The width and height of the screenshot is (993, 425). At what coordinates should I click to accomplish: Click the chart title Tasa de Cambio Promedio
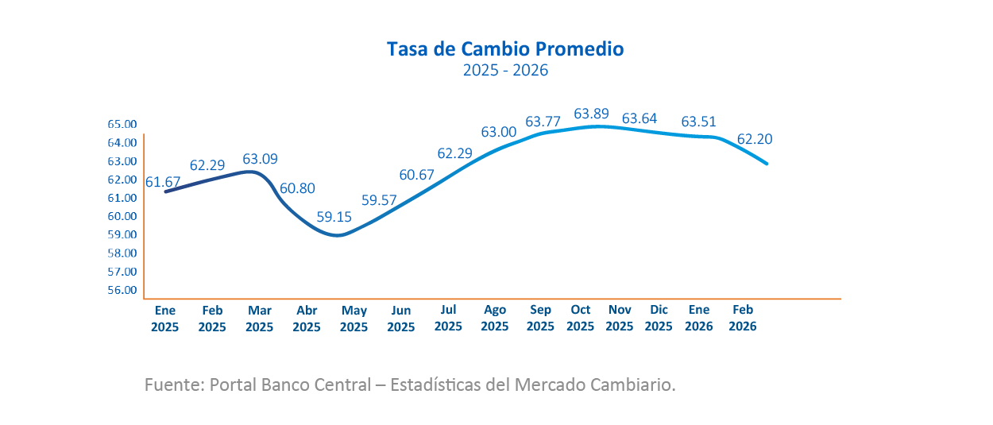point(505,49)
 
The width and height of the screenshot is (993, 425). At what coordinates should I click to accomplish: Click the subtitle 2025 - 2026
point(505,71)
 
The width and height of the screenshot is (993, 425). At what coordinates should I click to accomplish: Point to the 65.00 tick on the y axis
point(122,125)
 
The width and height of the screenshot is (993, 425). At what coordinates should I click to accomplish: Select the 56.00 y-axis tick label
point(122,290)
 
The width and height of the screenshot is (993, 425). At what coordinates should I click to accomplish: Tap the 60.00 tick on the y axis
point(122,216)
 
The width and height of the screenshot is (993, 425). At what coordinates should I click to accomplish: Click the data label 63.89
point(591,114)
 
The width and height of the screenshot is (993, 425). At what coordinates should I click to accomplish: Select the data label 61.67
point(163,182)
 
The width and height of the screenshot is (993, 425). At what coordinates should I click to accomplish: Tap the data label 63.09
point(260,160)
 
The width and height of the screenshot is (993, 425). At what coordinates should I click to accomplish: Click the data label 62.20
point(755,139)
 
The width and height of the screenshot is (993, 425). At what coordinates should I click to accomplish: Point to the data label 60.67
point(416,175)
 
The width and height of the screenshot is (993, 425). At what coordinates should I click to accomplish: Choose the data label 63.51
point(699,122)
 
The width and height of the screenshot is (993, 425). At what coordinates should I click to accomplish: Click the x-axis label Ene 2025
point(165,318)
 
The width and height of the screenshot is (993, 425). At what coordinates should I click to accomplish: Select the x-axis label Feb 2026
point(743,318)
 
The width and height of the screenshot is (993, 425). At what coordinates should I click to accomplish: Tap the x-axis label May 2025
point(354,318)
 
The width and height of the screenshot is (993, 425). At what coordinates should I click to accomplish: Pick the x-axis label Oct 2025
point(581,318)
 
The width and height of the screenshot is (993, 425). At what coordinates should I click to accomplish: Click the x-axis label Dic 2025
point(659,318)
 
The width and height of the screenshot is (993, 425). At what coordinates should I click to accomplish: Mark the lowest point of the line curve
point(338,235)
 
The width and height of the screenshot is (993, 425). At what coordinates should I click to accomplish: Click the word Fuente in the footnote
point(172,385)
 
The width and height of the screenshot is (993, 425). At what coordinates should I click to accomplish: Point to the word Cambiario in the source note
point(635,385)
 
